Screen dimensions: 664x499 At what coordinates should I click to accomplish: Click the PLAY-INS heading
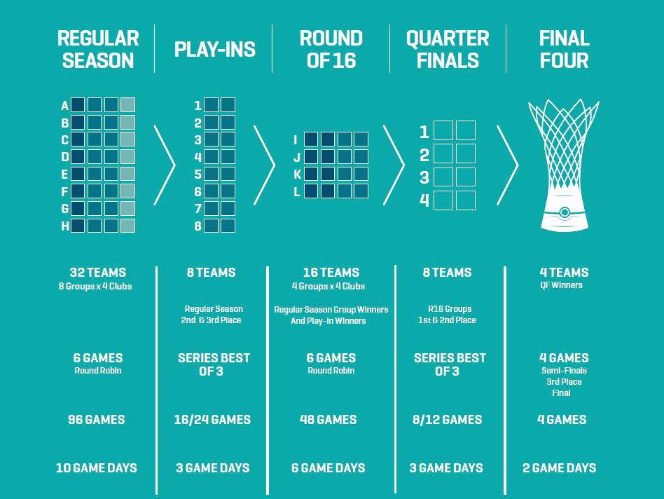click(x=215, y=50)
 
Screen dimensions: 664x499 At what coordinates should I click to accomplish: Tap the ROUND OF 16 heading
click(x=331, y=49)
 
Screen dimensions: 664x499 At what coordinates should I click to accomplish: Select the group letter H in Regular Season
click(x=65, y=226)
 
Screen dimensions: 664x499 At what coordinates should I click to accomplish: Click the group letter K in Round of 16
click(x=297, y=174)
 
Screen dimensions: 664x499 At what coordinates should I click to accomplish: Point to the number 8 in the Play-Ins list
click(x=198, y=226)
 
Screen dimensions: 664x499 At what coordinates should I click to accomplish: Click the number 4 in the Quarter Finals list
click(x=424, y=200)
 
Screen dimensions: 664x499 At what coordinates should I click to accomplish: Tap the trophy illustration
click(x=564, y=165)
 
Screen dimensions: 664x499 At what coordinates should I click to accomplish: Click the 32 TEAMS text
click(x=98, y=273)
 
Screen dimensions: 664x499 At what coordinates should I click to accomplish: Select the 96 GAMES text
click(x=97, y=420)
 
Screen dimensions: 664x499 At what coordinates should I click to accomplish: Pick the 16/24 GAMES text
click(x=212, y=420)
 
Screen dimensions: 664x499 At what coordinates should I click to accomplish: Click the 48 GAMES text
click(x=328, y=420)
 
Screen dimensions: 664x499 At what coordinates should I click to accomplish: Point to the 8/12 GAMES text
click(x=447, y=420)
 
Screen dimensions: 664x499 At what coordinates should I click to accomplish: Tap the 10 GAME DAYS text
click(x=97, y=468)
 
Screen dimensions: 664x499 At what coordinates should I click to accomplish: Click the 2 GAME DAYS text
click(x=560, y=468)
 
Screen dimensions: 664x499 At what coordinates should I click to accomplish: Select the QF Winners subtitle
click(x=561, y=285)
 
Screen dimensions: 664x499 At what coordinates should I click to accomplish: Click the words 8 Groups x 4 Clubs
click(x=95, y=287)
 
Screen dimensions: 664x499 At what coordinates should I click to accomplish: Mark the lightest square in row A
click(x=128, y=104)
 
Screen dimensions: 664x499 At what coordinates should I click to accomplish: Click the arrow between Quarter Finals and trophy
click(x=507, y=165)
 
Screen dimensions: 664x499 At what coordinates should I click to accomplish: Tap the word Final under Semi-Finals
click(x=561, y=393)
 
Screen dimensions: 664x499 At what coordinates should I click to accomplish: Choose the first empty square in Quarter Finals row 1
click(x=443, y=130)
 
